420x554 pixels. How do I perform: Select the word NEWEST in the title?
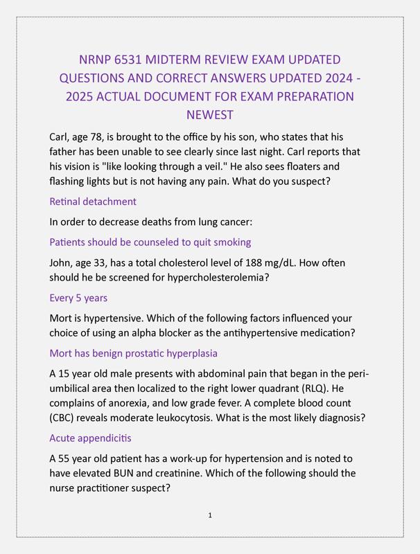point(210,114)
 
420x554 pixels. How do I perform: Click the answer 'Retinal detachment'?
point(93,202)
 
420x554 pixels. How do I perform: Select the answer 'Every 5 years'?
point(78,298)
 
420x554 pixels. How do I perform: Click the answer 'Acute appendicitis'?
point(90,438)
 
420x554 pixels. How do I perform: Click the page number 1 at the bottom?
point(209,515)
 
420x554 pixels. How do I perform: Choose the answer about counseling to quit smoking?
point(150,242)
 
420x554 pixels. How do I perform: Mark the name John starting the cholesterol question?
point(62,262)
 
